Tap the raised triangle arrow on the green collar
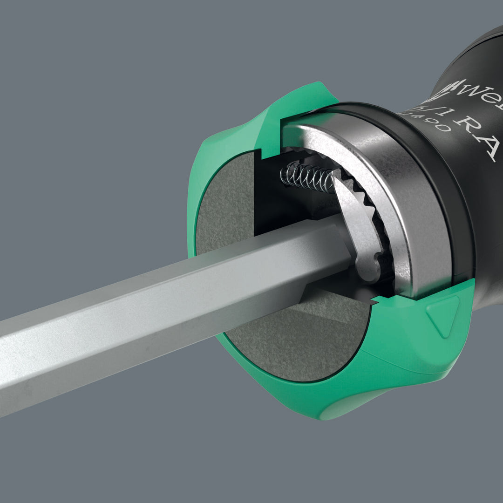(x=442, y=315)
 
